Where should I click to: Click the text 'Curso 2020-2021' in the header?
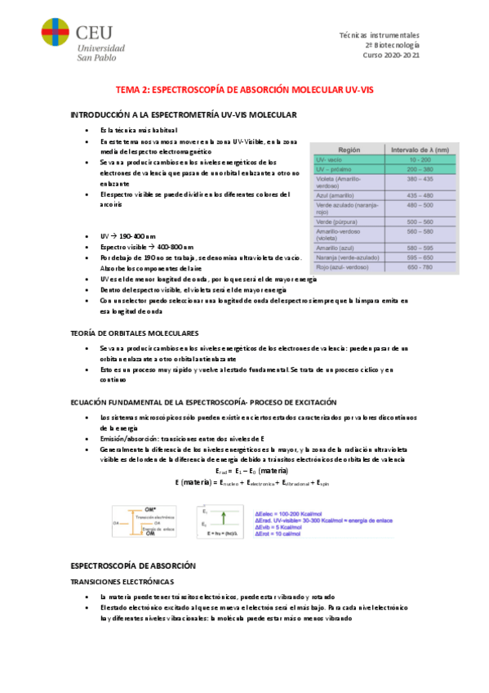click(x=391, y=56)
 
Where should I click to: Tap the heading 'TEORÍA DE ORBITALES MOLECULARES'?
click(x=135, y=333)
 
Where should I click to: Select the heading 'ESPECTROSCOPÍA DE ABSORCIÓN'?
click(x=133, y=565)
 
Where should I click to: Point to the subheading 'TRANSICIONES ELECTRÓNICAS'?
click(x=122, y=581)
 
